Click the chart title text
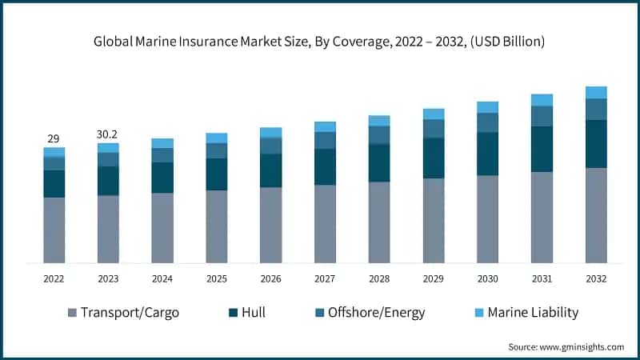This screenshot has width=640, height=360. [320, 41]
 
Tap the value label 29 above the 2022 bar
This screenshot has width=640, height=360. [54, 138]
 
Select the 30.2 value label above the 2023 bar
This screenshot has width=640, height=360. [108, 134]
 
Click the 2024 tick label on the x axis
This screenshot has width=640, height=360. [162, 278]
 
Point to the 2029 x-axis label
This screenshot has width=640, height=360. [434, 278]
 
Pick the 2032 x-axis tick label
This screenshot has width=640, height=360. [596, 278]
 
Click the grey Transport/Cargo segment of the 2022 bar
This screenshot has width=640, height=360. [54, 230]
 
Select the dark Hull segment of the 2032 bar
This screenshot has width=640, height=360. [596, 144]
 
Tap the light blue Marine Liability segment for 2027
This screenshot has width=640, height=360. [325, 126]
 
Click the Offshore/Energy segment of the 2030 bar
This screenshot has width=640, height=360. [487, 122]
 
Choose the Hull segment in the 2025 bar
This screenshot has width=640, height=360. [217, 174]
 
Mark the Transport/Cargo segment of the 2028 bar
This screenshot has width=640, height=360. [379, 222]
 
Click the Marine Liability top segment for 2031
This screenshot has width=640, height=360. [542, 100]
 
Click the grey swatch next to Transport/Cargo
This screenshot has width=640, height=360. [73, 312]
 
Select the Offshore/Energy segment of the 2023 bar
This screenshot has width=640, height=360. [108, 159]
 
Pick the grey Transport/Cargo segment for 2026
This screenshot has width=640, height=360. [270, 225]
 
